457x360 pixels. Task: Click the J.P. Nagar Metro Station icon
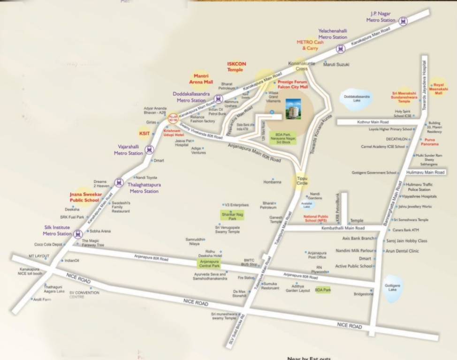[x=403, y=21]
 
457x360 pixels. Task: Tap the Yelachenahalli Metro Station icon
[x=341, y=48]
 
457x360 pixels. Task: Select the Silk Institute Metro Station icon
[x=78, y=234]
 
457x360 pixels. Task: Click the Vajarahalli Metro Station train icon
[x=149, y=150]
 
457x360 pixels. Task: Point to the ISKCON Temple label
[x=236, y=67]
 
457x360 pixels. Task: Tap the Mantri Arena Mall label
[x=200, y=78]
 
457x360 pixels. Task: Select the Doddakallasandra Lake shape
[x=357, y=99]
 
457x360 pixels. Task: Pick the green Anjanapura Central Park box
[x=210, y=263]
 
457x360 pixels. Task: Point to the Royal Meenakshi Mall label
[x=439, y=87]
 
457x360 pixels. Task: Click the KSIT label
[x=144, y=134]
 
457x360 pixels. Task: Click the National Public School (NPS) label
[x=316, y=218]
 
